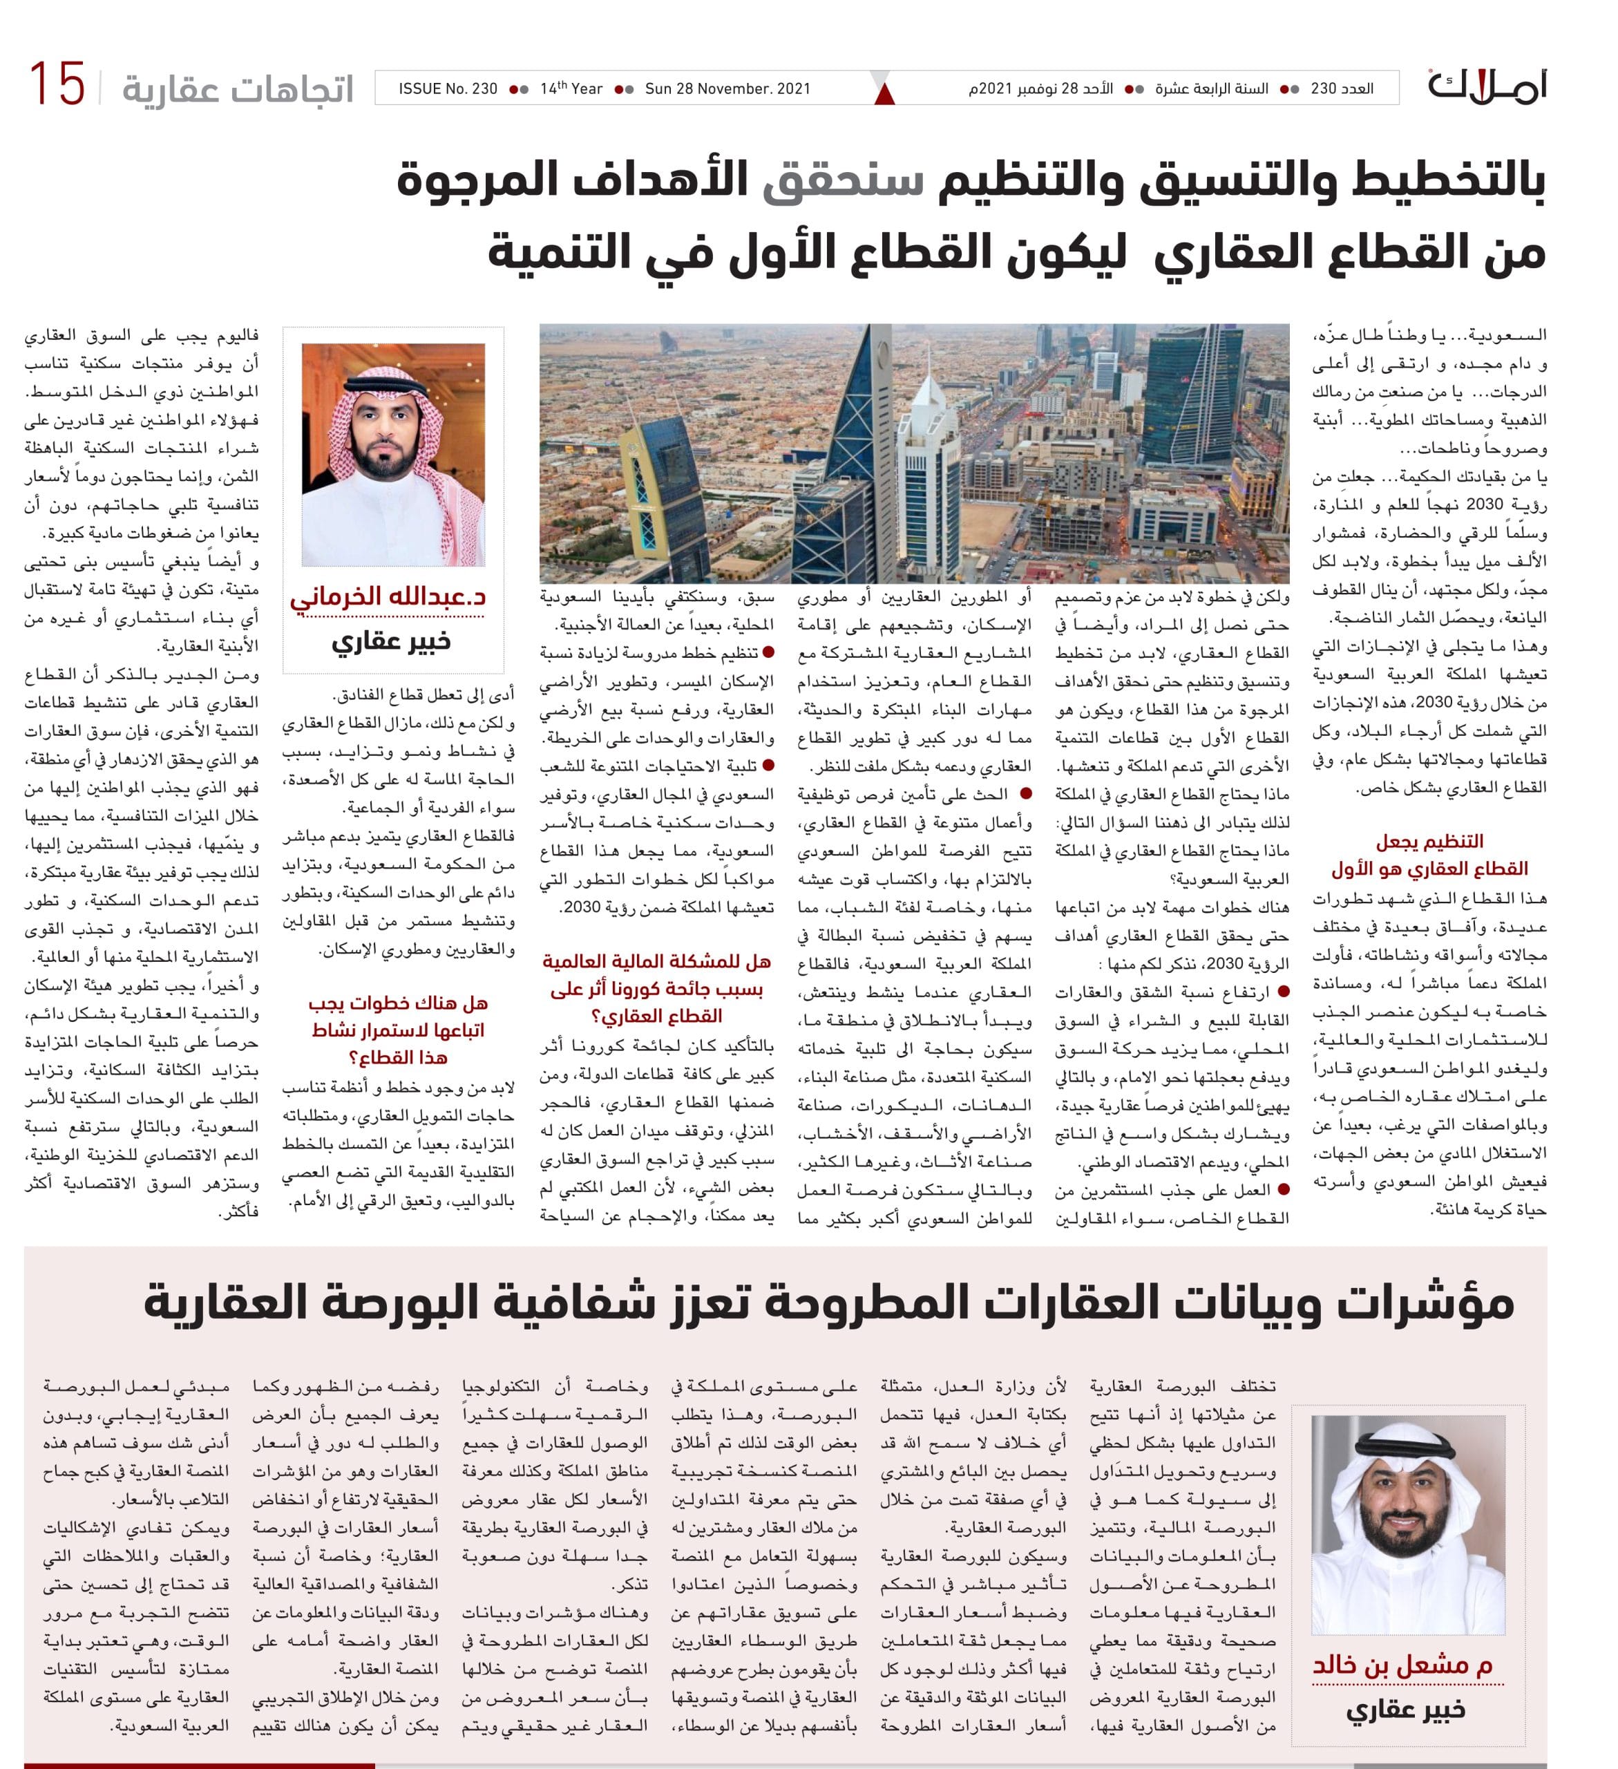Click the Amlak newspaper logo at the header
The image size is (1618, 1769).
click(1486, 86)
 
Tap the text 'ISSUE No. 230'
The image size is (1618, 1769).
click(448, 88)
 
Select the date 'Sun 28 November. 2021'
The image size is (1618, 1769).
click(727, 88)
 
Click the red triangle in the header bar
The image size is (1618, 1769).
click(884, 94)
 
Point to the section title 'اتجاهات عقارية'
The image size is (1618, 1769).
click(237, 88)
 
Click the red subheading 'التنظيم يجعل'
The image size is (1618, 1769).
click(1429, 841)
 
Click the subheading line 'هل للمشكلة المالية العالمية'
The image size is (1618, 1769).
click(656, 962)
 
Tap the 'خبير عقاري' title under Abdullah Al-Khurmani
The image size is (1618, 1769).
click(390, 641)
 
